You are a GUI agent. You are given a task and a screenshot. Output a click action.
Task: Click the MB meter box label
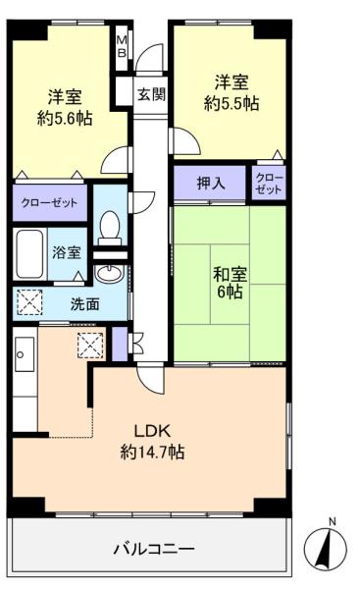[123, 46]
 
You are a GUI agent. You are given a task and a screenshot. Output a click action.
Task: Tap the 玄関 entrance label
[151, 94]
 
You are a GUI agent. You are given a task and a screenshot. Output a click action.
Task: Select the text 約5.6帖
[65, 119]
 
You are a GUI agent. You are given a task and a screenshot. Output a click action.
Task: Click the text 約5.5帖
[231, 103]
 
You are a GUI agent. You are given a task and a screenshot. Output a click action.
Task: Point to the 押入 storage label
[211, 183]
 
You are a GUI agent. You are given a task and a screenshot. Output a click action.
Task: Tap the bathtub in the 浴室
[29, 253]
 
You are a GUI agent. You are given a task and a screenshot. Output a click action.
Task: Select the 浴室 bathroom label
[67, 252]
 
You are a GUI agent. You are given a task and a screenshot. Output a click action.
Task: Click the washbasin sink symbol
[109, 273]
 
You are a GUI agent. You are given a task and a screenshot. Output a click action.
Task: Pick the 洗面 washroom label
[85, 304]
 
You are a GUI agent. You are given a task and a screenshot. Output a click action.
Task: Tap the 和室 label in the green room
[230, 274]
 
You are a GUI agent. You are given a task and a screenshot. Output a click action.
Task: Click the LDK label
[152, 431]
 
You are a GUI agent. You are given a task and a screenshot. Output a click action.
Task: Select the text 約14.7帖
[152, 452]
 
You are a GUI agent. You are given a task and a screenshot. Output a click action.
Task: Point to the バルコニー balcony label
[154, 549]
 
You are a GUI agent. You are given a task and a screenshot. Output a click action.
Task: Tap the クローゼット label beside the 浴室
[49, 203]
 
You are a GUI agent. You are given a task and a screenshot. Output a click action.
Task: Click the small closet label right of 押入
[269, 184]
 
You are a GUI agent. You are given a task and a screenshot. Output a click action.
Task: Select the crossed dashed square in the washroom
[29, 302]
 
